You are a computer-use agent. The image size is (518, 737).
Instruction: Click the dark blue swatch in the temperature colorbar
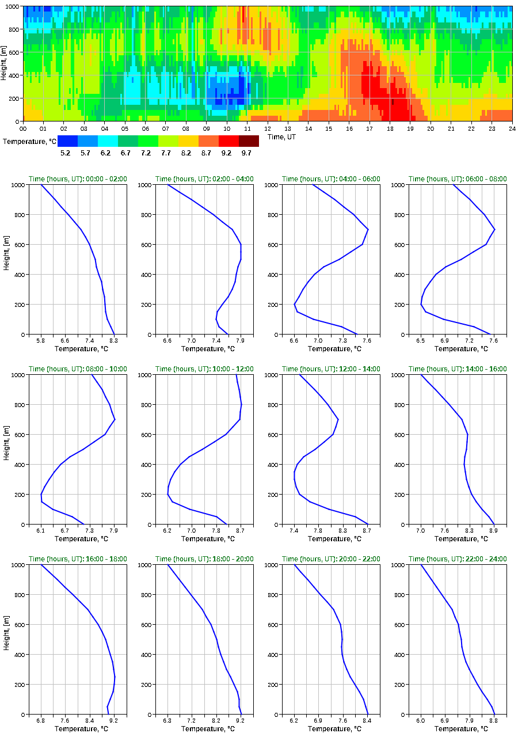tap(67, 141)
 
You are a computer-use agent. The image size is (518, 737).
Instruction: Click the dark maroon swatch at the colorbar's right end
tap(249, 141)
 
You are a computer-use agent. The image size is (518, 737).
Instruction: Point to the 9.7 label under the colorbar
tap(246, 154)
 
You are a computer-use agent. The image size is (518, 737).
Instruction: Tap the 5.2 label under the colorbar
tap(65, 154)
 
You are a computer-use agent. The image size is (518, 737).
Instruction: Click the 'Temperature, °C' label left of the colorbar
tap(29, 141)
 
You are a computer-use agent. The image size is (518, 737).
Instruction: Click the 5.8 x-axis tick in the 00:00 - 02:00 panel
tap(41, 341)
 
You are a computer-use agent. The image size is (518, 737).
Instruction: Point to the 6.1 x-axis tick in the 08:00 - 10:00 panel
tap(41, 531)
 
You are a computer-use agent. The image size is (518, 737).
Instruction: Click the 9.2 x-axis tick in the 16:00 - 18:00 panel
tap(113, 721)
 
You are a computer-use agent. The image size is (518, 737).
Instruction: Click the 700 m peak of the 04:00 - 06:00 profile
tap(368, 229)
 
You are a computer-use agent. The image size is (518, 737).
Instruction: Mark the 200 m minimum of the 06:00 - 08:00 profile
tap(421, 304)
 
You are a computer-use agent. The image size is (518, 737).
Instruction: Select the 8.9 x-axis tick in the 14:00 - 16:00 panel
tap(493, 531)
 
